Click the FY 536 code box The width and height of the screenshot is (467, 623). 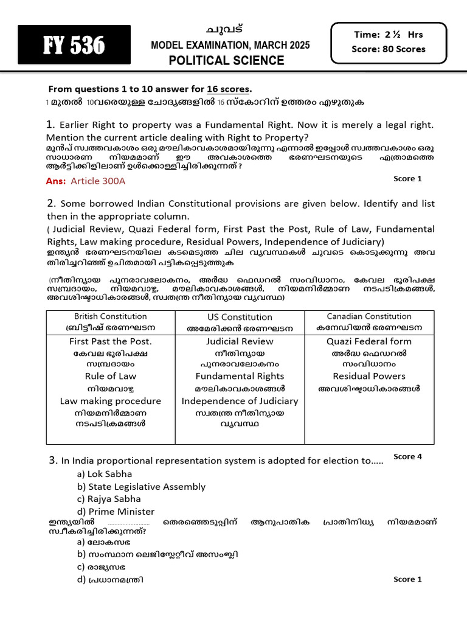point(74,44)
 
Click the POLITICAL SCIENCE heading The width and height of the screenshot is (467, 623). point(226,60)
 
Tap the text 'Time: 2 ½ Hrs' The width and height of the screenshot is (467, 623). point(388,35)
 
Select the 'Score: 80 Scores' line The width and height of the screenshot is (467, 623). point(388,49)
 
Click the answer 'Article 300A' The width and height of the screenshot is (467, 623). point(99,181)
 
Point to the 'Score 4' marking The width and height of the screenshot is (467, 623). point(407,456)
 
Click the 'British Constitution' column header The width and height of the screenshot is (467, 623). point(111,316)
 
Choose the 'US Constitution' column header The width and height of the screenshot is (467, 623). point(240,317)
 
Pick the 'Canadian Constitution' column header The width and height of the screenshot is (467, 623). point(369,316)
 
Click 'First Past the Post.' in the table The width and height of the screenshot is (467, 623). point(111,341)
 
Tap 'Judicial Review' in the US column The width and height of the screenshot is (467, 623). point(240,341)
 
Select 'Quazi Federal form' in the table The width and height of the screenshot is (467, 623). point(369,341)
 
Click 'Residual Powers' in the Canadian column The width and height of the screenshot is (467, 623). point(369,376)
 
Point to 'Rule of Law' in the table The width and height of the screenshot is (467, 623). point(111,376)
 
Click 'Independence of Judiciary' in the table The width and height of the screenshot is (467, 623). point(240,401)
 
